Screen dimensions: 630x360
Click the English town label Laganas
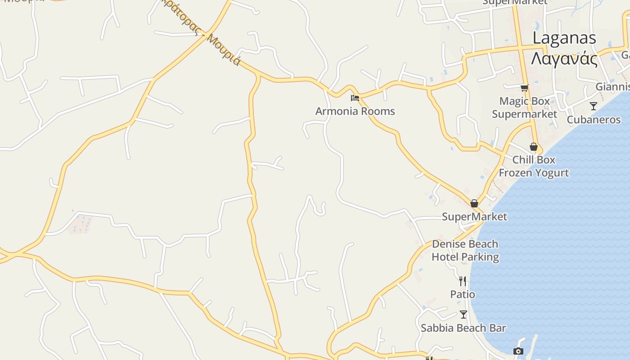pyautogui.click(x=564, y=38)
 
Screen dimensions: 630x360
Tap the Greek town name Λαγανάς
pyautogui.click(x=564, y=58)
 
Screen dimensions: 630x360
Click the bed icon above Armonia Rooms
pyautogui.click(x=355, y=98)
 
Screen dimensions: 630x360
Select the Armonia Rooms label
pyautogui.click(x=355, y=111)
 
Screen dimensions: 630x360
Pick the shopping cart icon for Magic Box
pyautogui.click(x=524, y=88)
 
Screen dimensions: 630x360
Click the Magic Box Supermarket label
pyautogui.click(x=524, y=108)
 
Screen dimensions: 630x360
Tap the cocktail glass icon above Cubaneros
pyautogui.click(x=594, y=106)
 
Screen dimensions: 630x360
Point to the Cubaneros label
pyautogui.click(x=594, y=120)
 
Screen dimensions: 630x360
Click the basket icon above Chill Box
pyautogui.click(x=534, y=147)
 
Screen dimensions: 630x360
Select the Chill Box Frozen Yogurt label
pyautogui.click(x=534, y=166)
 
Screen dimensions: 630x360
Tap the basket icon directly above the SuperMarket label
pyautogui.click(x=474, y=203)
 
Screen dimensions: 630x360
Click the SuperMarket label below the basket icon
pyautogui.click(x=474, y=217)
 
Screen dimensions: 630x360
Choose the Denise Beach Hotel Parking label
pyautogui.click(x=465, y=251)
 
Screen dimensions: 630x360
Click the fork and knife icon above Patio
pyautogui.click(x=463, y=281)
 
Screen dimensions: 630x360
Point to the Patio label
pyautogui.click(x=463, y=294)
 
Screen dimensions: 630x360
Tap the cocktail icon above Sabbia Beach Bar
pyautogui.click(x=463, y=315)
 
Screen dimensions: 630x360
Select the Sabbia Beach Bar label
pyautogui.click(x=463, y=328)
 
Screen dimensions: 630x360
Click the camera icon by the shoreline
pyautogui.click(x=518, y=351)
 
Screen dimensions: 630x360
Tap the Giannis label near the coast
pyautogui.click(x=612, y=86)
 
